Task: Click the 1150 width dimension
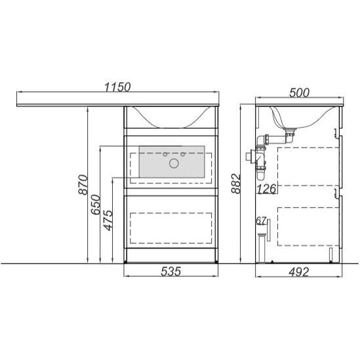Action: (117, 87)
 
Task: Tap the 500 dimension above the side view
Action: (299, 92)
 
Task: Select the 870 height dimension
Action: (83, 185)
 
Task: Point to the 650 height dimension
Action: (96, 205)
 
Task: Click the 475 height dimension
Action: (108, 220)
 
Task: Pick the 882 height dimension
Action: (235, 184)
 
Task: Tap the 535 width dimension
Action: (170, 271)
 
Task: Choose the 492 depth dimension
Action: (299, 272)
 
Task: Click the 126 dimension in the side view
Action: (266, 189)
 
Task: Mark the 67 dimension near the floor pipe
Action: (261, 221)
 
